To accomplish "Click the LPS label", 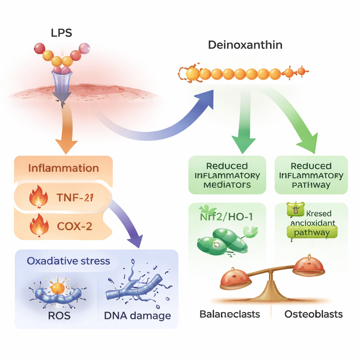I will click(x=62, y=33).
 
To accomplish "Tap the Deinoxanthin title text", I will click(x=245, y=45).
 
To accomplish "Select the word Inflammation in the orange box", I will click(x=63, y=168).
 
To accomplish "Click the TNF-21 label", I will click(x=75, y=198).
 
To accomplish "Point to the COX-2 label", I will click(x=74, y=226).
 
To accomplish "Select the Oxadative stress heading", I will click(x=68, y=261).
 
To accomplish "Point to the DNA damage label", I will click(x=137, y=315).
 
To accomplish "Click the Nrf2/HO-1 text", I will click(x=226, y=217).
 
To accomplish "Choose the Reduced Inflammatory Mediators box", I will click(x=227, y=175).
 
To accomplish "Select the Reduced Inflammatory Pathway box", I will click(x=311, y=175).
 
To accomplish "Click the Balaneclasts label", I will click(x=230, y=314).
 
